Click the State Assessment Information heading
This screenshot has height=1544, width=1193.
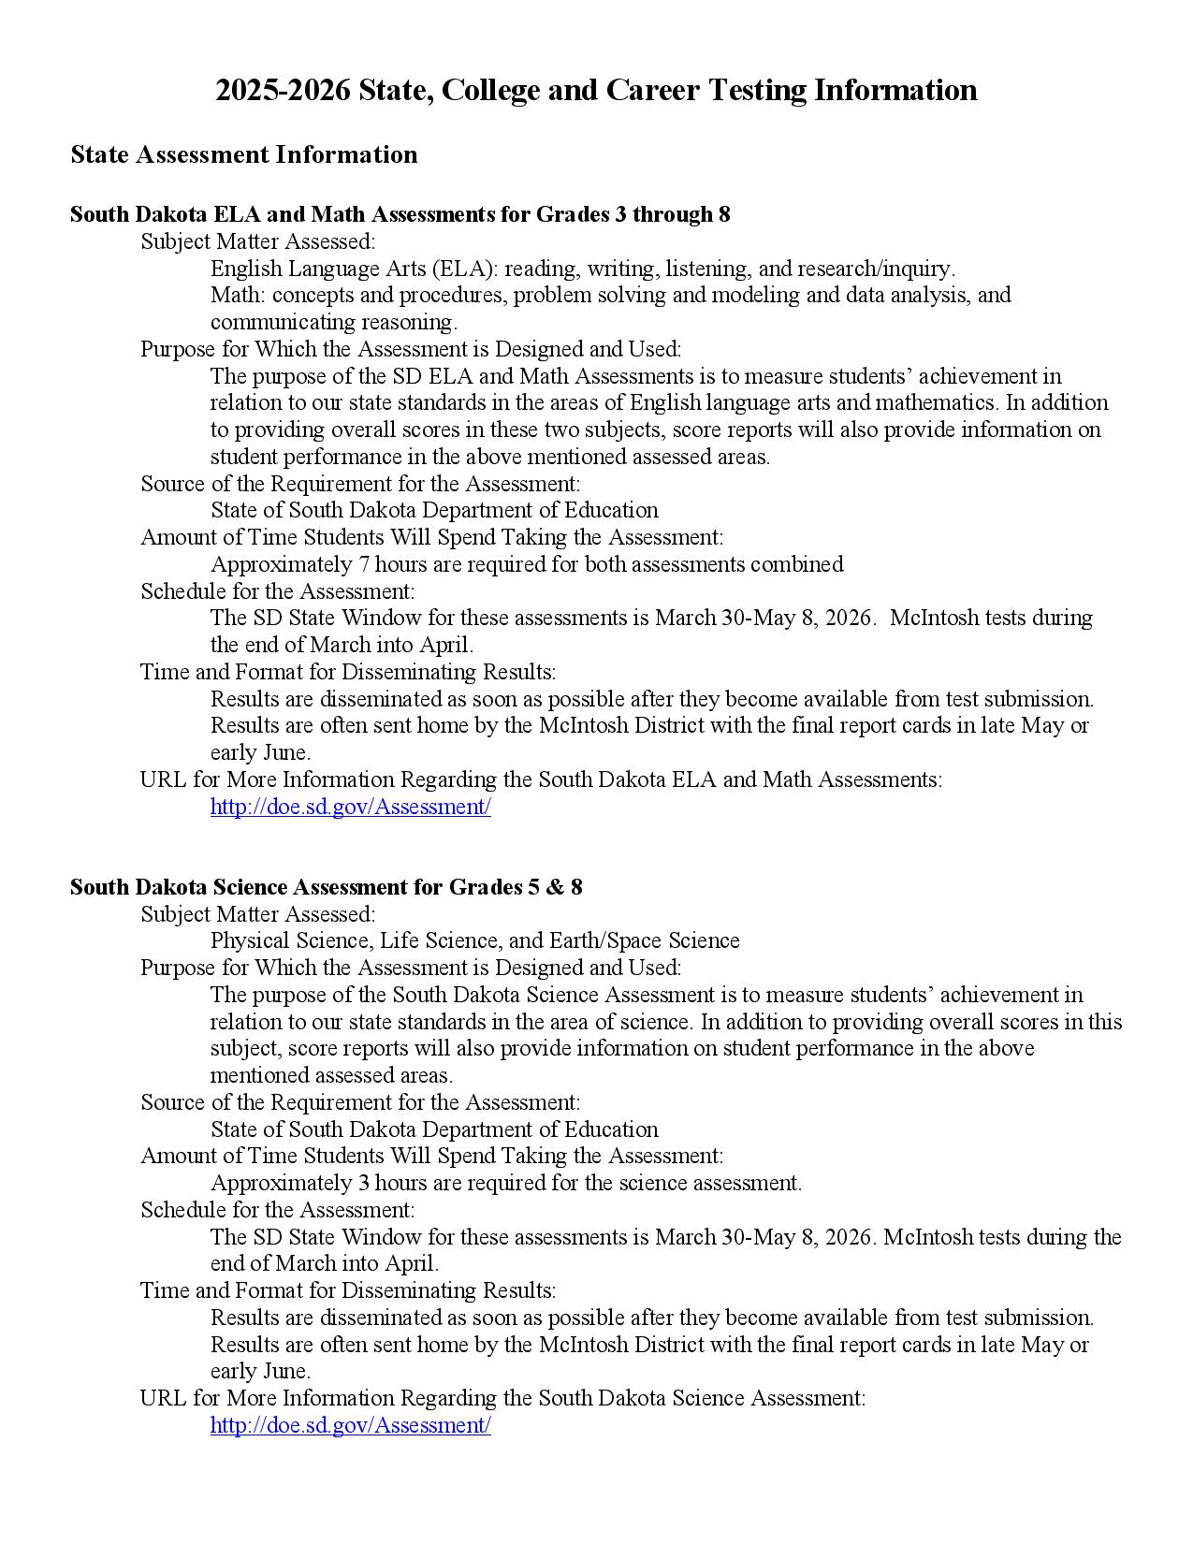pyautogui.click(x=244, y=154)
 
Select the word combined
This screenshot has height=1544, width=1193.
pyautogui.click(x=804, y=565)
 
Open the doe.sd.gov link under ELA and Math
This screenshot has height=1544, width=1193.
pyautogui.click(x=350, y=807)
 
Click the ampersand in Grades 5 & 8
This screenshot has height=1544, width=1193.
pyautogui.click(x=546, y=887)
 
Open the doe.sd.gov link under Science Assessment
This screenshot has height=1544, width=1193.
pyautogui.click(x=350, y=1425)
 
